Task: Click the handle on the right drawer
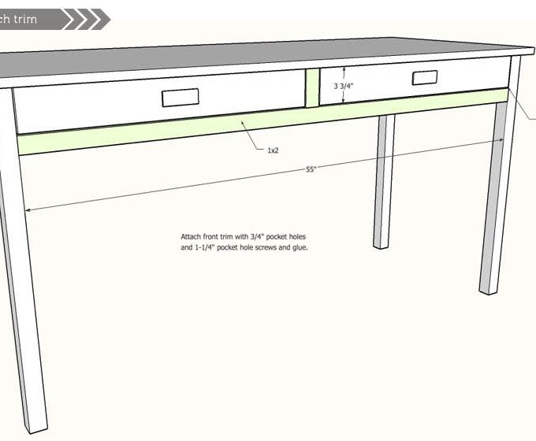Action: [x=424, y=77]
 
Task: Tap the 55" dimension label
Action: [x=311, y=169]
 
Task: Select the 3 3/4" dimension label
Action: [x=344, y=87]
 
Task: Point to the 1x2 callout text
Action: [x=273, y=150]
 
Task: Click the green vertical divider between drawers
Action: [x=312, y=87]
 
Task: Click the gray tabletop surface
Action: [x=236, y=55]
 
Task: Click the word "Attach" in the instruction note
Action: [x=192, y=236]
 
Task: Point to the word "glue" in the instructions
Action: [x=299, y=247]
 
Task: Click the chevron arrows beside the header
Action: [x=85, y=19]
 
